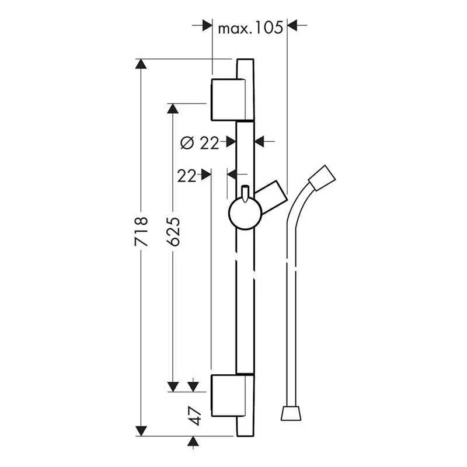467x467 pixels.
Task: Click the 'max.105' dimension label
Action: (x=250, y=27)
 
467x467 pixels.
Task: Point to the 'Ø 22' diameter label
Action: (x=199, y=142)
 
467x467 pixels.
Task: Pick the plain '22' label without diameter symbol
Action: (x=187, y=175)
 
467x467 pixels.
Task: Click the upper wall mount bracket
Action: (x=228, y=97)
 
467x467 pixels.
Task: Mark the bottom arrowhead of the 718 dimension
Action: (x=141, y=431)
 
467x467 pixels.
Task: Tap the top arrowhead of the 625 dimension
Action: (x=173, y=109)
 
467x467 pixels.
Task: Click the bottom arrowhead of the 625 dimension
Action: (x=173, y=386)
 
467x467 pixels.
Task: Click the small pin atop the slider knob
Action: (x=245, y=191)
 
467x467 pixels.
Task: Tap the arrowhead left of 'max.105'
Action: (x=206, y=26)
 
